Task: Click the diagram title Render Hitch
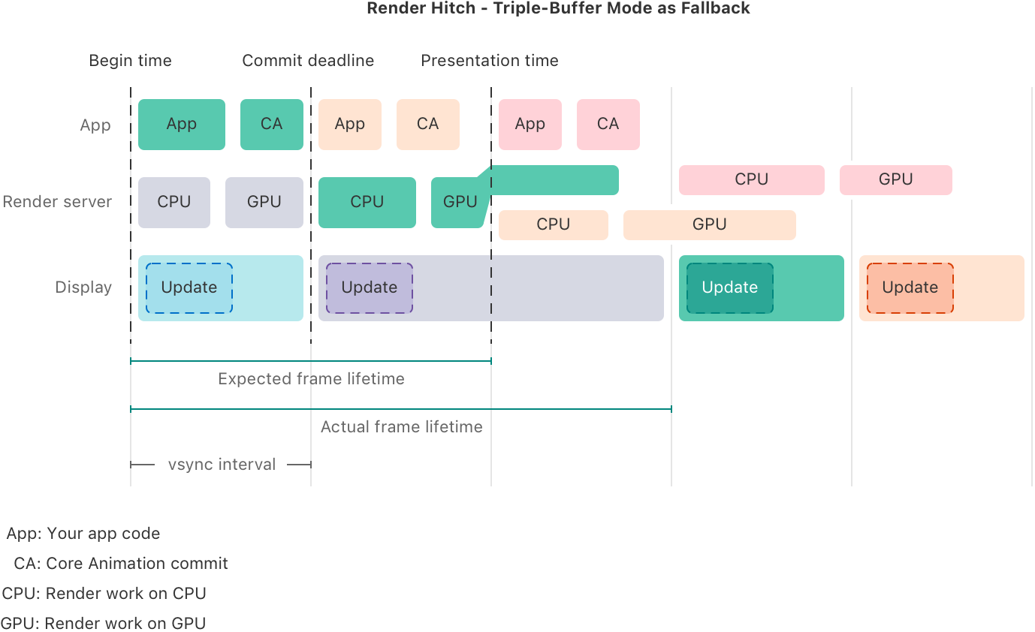pyautogui.click(x=558, y=8)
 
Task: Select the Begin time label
pyautogui.click(x=130, y=61)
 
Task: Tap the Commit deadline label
pyautogui.click(x=308, y=61)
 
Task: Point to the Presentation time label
pyautogui.click(x=489, y=61)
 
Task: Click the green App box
pyautogui.click(x=182, y=125)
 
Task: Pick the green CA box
pyautogui.click(x=272, y=125)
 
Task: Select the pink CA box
pyautogui.click(x=608, y=125)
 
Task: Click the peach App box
pyautogui.click(x=350, y=125)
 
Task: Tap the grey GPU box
pyautogui.click(x=264, y=202)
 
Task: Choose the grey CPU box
pyautogui.click(x=174, y=202)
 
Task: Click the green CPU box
pyautogui.click(x=367, y=202)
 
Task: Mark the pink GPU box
pyautogui.click(x=896, y=180)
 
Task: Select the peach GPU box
pyautogui.click(x=709, y=225)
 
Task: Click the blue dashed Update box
pyautogui.click(x=189, y=288)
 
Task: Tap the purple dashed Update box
pyautogui.click(x=370, y=288)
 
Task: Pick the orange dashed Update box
pyautogui.click(x=910, y=288)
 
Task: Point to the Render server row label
pyautogui.click(x=56, y=202)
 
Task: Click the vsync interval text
pyautogui.click(x=222, y=465)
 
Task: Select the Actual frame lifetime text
pyautogui.click(x=401, y=427)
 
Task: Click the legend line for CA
pyautogui.click(x=121, y=564)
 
